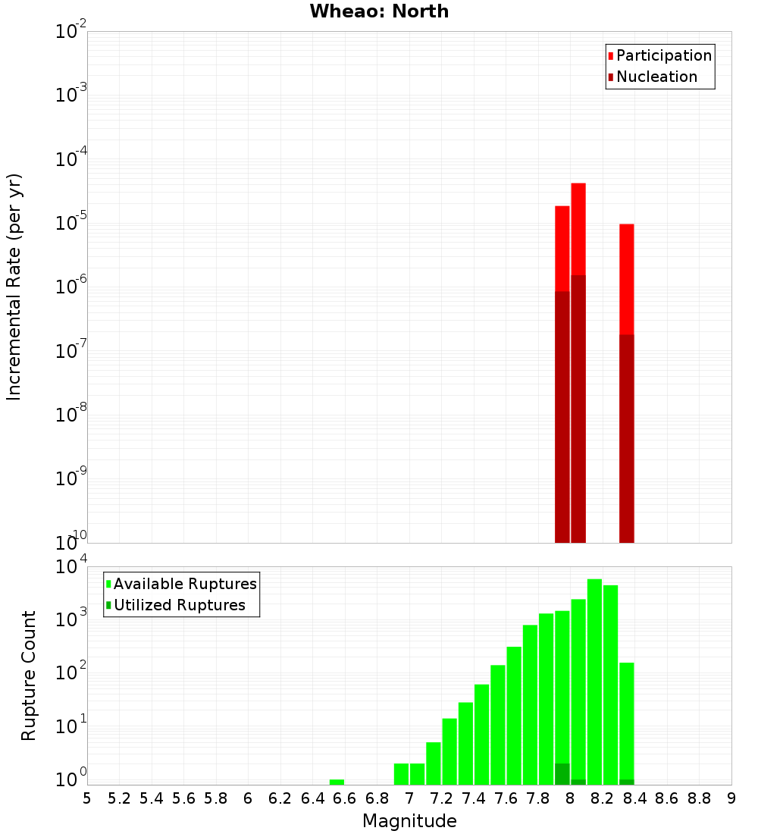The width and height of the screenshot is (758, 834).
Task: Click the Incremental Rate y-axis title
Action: pos(14,287)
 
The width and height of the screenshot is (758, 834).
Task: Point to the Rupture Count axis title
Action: pos(29,676)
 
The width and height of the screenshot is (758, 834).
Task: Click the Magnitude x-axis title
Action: pos(409,821)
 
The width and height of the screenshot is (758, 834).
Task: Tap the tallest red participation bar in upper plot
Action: pos(578,227)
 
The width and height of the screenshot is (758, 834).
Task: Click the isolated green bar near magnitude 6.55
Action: pos(337,782)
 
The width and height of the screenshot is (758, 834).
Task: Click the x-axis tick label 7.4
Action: pos(474,798)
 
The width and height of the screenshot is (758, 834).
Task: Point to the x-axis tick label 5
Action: pos(87,798)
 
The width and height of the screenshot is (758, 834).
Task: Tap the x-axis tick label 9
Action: pos(731,798)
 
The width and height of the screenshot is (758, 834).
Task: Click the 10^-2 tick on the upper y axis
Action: pos(70,33)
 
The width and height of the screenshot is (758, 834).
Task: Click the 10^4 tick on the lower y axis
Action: pos(70,568)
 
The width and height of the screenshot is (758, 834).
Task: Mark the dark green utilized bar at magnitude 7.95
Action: pos(562,774)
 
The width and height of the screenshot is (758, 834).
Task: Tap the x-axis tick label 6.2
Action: pos(280,798)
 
